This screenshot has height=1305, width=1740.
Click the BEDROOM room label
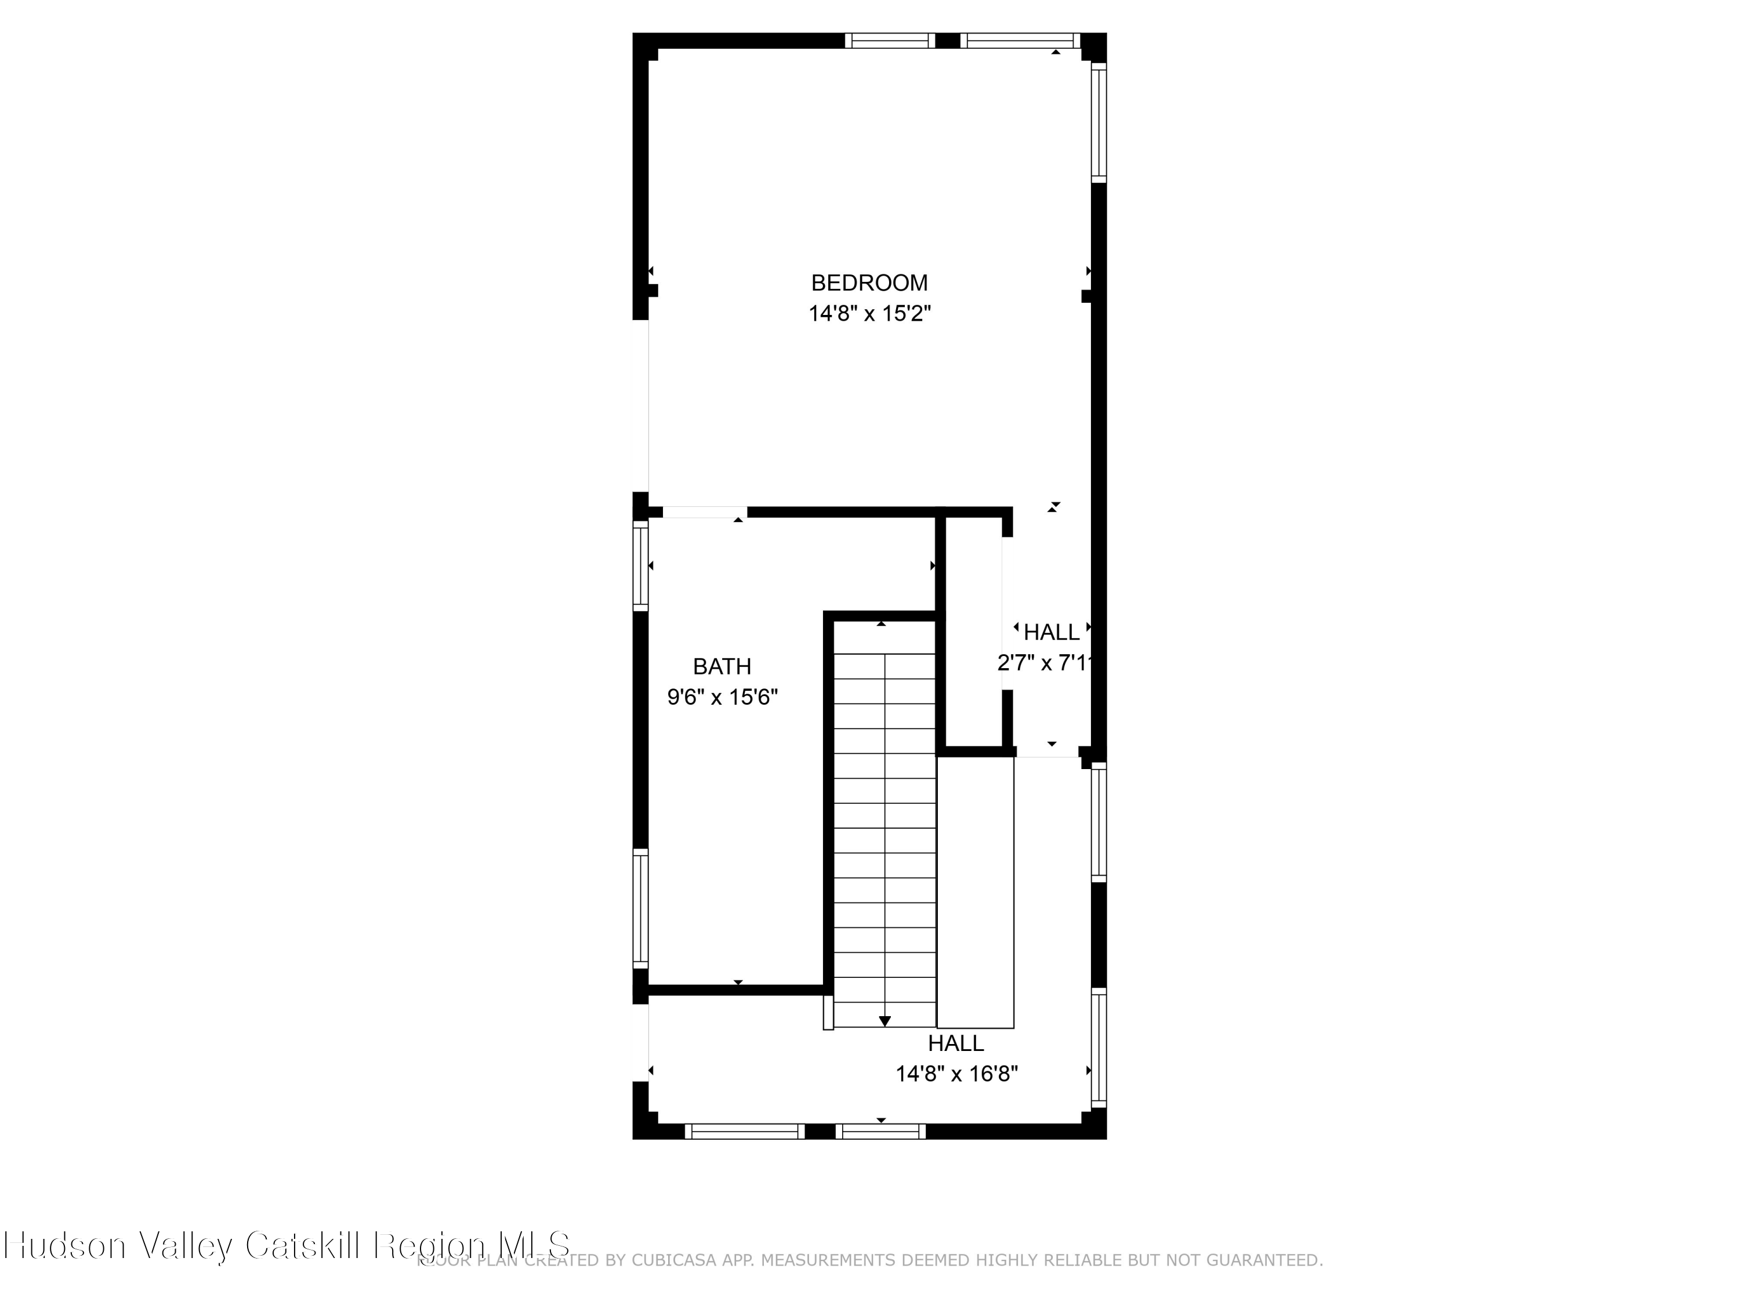869,282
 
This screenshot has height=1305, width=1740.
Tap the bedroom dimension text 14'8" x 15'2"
869,314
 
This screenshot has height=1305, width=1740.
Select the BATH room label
722,666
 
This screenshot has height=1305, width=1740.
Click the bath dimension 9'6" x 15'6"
722,697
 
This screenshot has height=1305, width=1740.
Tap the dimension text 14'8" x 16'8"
956,1074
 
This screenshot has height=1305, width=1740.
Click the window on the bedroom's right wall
1099,122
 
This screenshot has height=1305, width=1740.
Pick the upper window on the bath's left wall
640,565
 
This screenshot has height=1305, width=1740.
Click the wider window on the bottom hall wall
744,1131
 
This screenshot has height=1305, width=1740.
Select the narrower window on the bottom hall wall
880,1131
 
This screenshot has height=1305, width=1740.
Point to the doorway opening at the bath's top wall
704,512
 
